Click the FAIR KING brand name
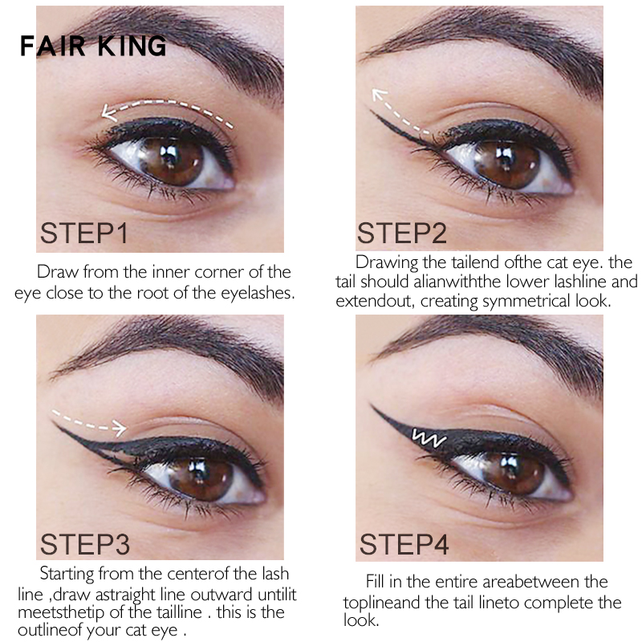tap(93, 46)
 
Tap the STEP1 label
tap(84, 234)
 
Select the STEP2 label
tap(402, 233)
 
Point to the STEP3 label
tap(85, 544)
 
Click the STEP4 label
tap(404, 544)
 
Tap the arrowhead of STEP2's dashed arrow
tap(379, 95)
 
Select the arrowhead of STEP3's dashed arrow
tap(119, 428)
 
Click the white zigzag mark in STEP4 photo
tap(429, 437)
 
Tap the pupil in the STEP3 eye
tap(200, 470)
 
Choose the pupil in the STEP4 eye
tap(512, 468)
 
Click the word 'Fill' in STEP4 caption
tap(375, 581)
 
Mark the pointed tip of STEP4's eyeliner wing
tap(372, 405)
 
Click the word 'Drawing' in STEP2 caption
tap(386, 263)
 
